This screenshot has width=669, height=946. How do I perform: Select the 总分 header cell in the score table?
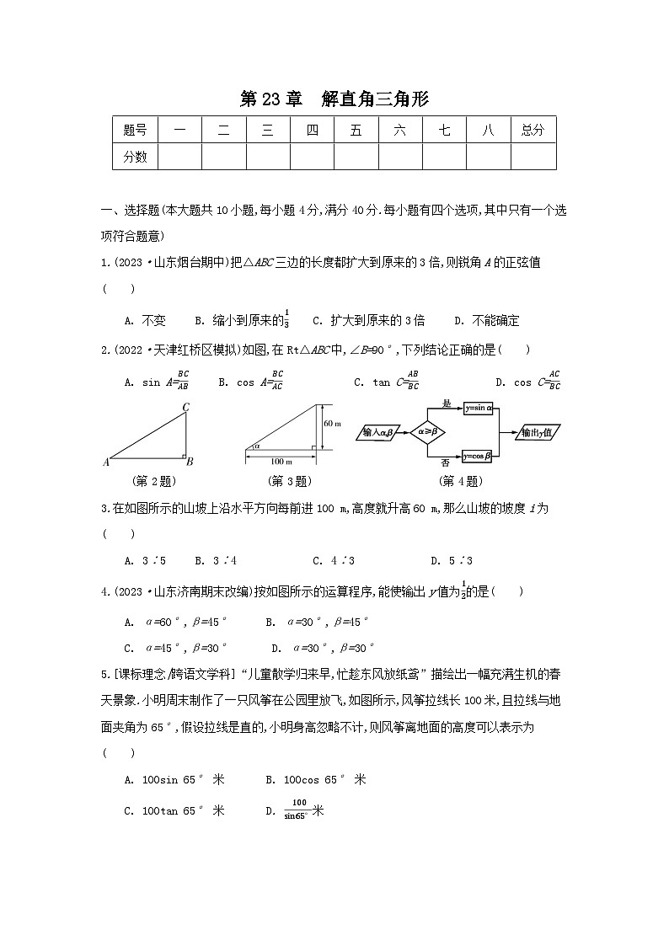[533, 130]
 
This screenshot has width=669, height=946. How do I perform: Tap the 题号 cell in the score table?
[135, 130]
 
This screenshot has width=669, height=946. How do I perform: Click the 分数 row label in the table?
[135, 156]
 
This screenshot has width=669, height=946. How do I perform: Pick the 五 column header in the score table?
[356, 130]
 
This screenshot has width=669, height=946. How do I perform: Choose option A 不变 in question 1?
[145, 320]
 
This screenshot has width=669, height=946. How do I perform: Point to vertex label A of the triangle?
[106, 461]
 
